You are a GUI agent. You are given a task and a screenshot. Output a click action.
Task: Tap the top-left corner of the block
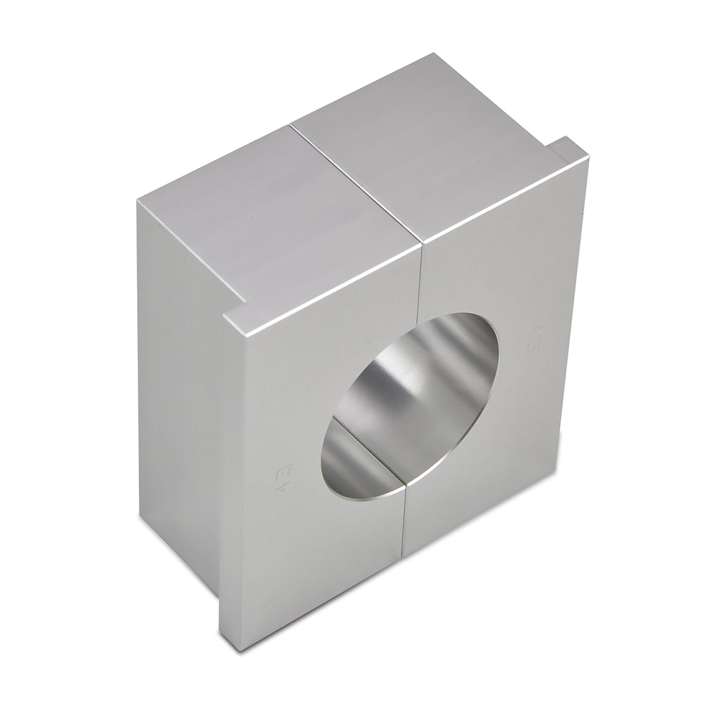138,200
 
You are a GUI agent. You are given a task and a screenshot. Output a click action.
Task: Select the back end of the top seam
290,127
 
